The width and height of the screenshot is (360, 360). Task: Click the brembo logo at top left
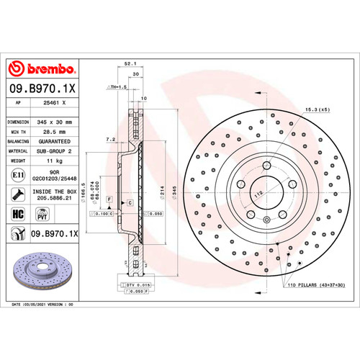point(41,68)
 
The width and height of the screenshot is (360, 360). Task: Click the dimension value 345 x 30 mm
point(57,122)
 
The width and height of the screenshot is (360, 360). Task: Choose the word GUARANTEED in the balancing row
point(57,143)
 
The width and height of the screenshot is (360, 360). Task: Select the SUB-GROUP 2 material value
point(57,152)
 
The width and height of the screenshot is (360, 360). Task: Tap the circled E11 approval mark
point(16,175)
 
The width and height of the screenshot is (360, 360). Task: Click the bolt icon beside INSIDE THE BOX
point(16,193)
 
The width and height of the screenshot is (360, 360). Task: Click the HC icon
point(16,214)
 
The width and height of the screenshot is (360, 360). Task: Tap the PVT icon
point(41,214)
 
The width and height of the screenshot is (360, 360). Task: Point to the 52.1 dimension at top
point(131,63)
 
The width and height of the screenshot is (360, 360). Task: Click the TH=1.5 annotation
point(116,86)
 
